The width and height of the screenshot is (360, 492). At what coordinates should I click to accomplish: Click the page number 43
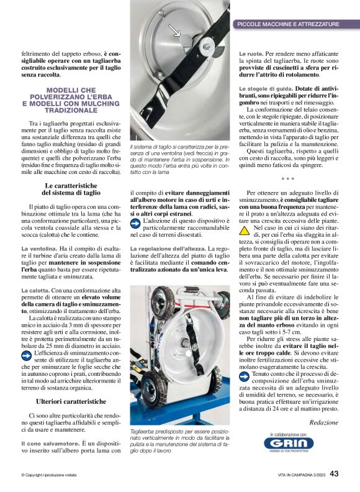pyautogui.click(x=334, y=474)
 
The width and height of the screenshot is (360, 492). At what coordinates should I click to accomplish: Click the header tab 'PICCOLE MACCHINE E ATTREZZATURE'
pyautogui.click(x=288, y=24)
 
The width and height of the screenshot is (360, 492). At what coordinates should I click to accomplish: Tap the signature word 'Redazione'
pyautogui.click(x=323, y=422)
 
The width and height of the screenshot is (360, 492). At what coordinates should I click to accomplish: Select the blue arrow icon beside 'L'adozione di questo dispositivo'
pyautogui.click(x=136, y=222)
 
